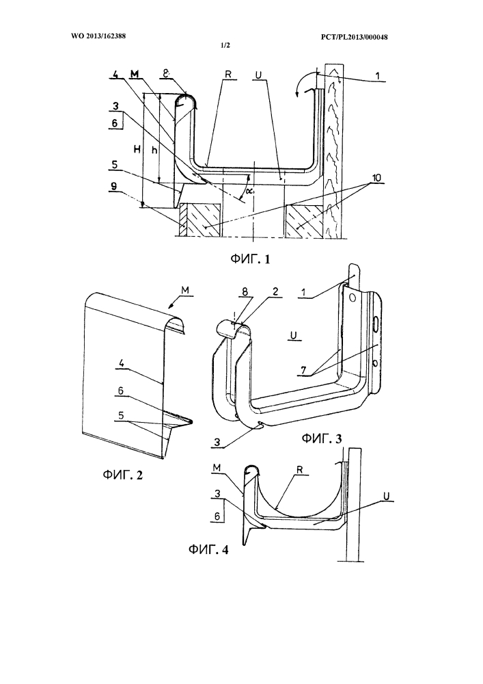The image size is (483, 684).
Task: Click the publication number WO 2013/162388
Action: (98, 36)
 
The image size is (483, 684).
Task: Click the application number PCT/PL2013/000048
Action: (354, 37)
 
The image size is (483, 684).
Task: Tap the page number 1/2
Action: (225, 46)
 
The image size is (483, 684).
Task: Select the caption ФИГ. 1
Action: (250, 259)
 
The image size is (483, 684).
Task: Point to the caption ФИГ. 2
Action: (123, 475)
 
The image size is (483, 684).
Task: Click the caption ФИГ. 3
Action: (322, 439)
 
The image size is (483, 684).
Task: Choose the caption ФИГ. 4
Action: (208, 549)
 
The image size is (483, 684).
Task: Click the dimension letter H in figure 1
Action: (137, 150)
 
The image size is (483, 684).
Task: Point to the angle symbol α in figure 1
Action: (248, 191)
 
